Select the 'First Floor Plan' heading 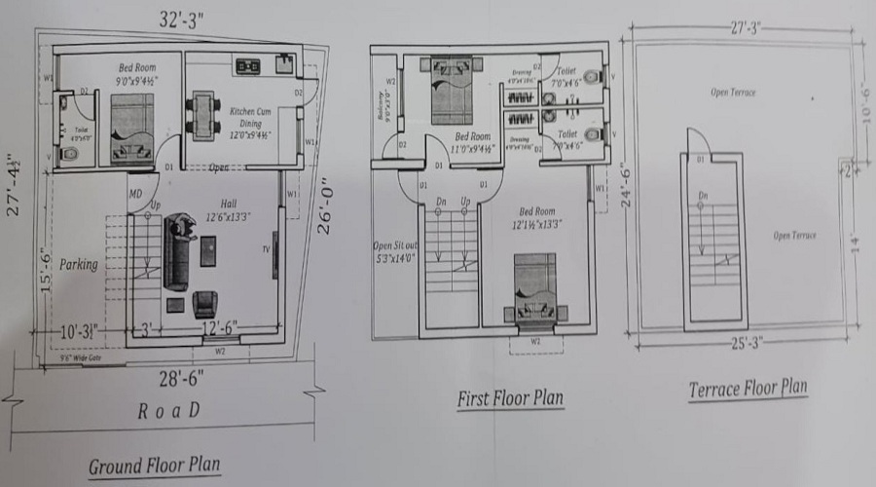click(x=510, y=398)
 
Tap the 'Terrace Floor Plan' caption click(x=748, y=389)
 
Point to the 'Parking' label click(x=78, y=264)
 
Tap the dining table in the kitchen click(x=202, y=113)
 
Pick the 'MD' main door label click(x=135, y=194)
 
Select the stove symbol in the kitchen click(x=246, y=66)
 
